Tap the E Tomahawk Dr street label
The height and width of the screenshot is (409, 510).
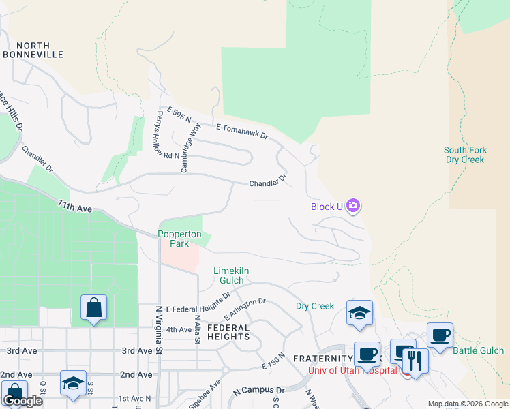[x=243, y=132]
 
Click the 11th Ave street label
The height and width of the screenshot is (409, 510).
[x=74, y=205]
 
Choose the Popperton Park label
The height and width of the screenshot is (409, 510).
[x=180, y=239]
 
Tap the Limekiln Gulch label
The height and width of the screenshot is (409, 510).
[x=231, y=275]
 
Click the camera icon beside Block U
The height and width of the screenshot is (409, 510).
[x=352, y=205]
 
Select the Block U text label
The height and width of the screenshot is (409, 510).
[x=327, y=207]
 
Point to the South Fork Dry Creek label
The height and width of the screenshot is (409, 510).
[x=464, y=155]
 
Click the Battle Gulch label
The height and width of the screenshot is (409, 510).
[x=479, y=351]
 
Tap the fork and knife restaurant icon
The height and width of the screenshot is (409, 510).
[x=415, y=360]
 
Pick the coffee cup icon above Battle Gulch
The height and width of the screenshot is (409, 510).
[x=440, y=335]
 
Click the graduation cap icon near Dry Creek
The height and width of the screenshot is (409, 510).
[x=359, y=312]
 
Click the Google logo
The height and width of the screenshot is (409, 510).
[x=22, y=401]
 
